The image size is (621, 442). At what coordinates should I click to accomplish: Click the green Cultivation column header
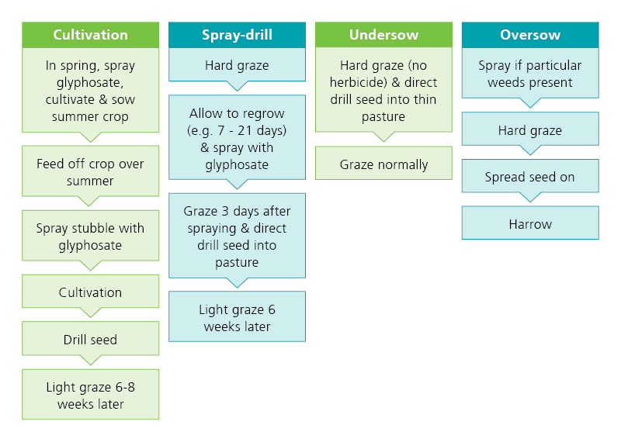pos(90,35)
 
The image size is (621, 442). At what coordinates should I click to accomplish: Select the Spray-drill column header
pos(237,35)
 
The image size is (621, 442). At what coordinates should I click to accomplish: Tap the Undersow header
pos(383,35)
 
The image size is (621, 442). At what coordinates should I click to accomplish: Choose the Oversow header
pos(530,35)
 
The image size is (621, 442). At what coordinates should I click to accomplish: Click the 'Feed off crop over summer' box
pos(90,171)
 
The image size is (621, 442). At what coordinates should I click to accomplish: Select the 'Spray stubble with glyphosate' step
pos(90,236)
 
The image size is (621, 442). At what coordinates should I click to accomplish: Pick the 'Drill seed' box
pos(90,339)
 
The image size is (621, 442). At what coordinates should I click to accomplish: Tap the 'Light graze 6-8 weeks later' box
pos(90,395)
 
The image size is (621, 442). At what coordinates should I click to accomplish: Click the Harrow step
pos(530,223)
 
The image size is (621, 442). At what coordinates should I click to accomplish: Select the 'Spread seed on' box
pos(530,176)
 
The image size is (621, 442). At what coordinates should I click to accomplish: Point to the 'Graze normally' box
pos(383,164)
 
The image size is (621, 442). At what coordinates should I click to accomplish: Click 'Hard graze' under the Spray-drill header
pos(237,64)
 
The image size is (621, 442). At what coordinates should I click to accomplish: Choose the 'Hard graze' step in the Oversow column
pos(530,129)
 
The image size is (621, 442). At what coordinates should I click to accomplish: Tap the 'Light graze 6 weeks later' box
pos(237,316)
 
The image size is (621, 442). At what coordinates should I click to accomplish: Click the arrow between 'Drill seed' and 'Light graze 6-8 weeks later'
pos(90,360)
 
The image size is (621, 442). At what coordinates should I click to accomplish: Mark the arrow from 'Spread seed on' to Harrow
pos(530,197)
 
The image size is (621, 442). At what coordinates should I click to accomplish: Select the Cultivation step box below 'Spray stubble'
pos(90,292)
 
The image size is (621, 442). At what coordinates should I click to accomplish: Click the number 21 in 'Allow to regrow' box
pos(245,130)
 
